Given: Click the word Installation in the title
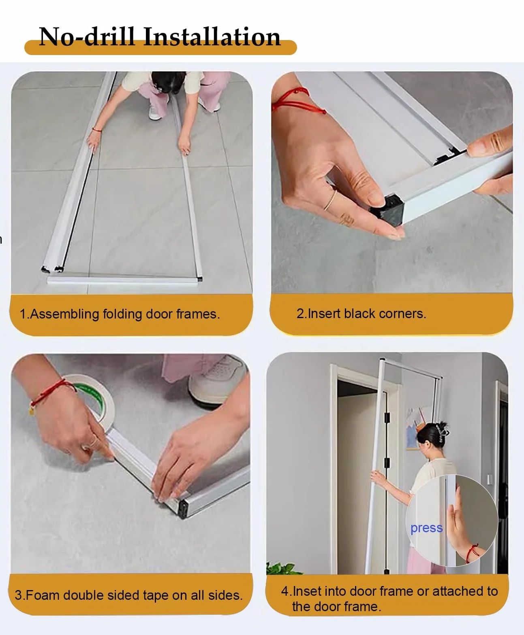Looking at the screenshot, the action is click(212, 37).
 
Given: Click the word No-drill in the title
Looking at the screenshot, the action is click(87, 37).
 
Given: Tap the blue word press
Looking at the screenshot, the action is click(426, 528).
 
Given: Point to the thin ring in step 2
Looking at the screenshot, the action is click(330, 200).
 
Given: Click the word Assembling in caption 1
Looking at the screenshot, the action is click(64, 314).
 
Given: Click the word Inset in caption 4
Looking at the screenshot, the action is click(307, 591).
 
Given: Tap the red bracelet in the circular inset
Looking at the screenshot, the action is click(472, 554).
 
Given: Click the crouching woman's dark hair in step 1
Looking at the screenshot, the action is click(168, 81).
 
